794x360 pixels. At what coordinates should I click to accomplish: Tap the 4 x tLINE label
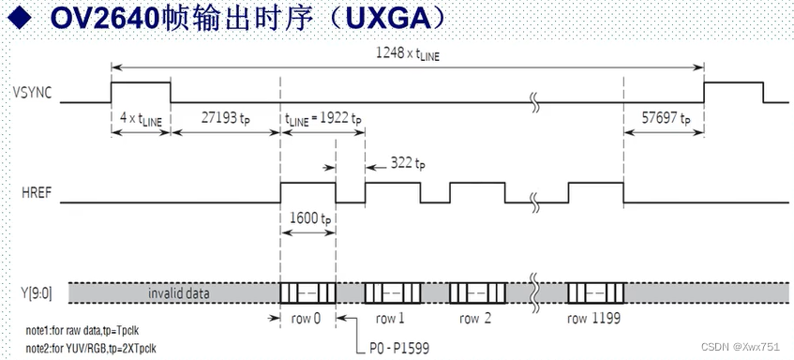point(141,119)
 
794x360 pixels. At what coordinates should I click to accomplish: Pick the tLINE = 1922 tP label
point(323,119)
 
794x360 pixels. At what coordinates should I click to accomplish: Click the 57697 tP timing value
point(666,119)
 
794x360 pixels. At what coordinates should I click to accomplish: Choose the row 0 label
point(306,318)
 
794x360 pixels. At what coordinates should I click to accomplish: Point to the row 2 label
point(475,318)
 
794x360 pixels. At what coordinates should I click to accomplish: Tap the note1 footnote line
point(83,331)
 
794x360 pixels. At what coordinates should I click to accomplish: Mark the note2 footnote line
point(90,349)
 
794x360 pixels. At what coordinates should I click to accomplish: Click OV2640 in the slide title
point(104,18)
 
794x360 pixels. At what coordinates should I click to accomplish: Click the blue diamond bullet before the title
point(18,19)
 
